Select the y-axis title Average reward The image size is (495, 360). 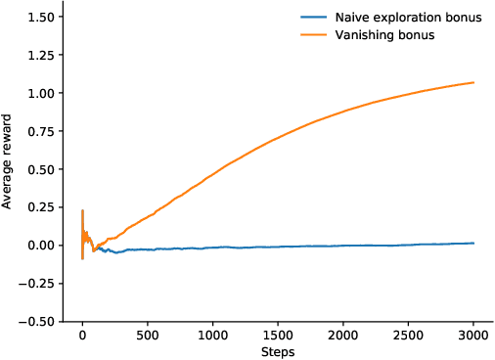[x=8, y=160]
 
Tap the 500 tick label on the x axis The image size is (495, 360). [x=148, y=334]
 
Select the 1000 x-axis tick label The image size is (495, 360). [x=212, y=334]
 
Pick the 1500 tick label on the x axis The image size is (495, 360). [x=278, y=334]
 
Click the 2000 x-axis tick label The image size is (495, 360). [x=343, y=334]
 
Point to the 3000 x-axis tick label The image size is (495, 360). [x=473, y=334]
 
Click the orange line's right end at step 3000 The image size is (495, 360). [x=473, y=82]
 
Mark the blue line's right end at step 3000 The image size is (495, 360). [x=473, y=243]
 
